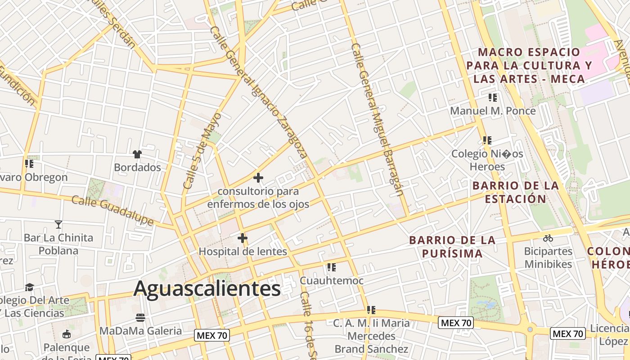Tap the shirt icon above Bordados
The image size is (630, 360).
point(137,154)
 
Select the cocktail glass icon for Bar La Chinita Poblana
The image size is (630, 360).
point(58,224)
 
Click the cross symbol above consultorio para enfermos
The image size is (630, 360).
point(258,178)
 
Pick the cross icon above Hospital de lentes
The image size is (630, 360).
point(243,238)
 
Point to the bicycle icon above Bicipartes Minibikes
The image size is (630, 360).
point(548,238)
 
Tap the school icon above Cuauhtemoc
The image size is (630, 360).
point(332,267)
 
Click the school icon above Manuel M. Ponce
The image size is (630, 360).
point(493,97)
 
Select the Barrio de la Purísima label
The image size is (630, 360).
point(452,247)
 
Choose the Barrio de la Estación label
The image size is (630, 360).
point(516,192)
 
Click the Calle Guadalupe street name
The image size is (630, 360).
point(112,210)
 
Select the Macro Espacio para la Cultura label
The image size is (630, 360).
point(529,66)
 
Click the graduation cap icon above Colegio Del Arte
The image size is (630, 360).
point(29,287)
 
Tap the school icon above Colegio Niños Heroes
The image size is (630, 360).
point(487,140)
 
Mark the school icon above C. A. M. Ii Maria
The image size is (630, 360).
point(371,310)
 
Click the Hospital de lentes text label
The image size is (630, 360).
point(243,252)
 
